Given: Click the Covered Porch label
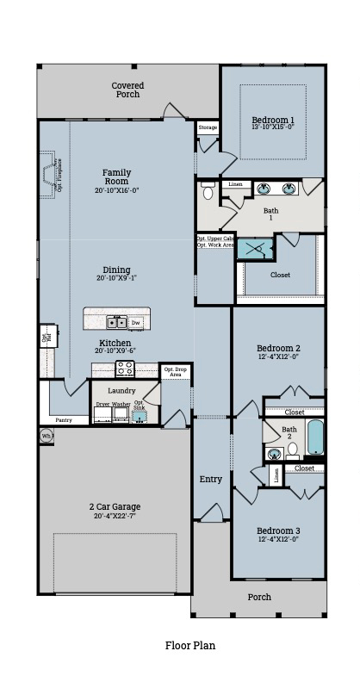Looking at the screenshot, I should [x=127, y=90].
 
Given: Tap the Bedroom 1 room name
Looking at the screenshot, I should [x=273, y=120].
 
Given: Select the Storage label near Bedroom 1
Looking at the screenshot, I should [x=208, y=127].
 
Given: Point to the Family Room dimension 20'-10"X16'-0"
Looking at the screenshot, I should [x=118, y=191].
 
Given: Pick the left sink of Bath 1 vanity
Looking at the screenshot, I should [x=265, y=189].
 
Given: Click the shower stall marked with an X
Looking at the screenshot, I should [x=256, y=249].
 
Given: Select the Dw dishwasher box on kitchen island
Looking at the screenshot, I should [x=136, y=322].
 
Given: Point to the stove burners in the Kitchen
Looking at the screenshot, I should [x=126, y=369].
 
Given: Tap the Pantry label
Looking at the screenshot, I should [x=64, y=420].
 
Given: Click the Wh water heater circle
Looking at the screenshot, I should [x=47, y=437].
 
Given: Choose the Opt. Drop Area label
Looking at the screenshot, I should [x=175, y=372].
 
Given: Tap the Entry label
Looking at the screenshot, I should [x=211, y=479].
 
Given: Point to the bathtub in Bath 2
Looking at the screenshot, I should [x=315, y=437].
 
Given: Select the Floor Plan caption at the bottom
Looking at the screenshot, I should [x=190, y=644].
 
